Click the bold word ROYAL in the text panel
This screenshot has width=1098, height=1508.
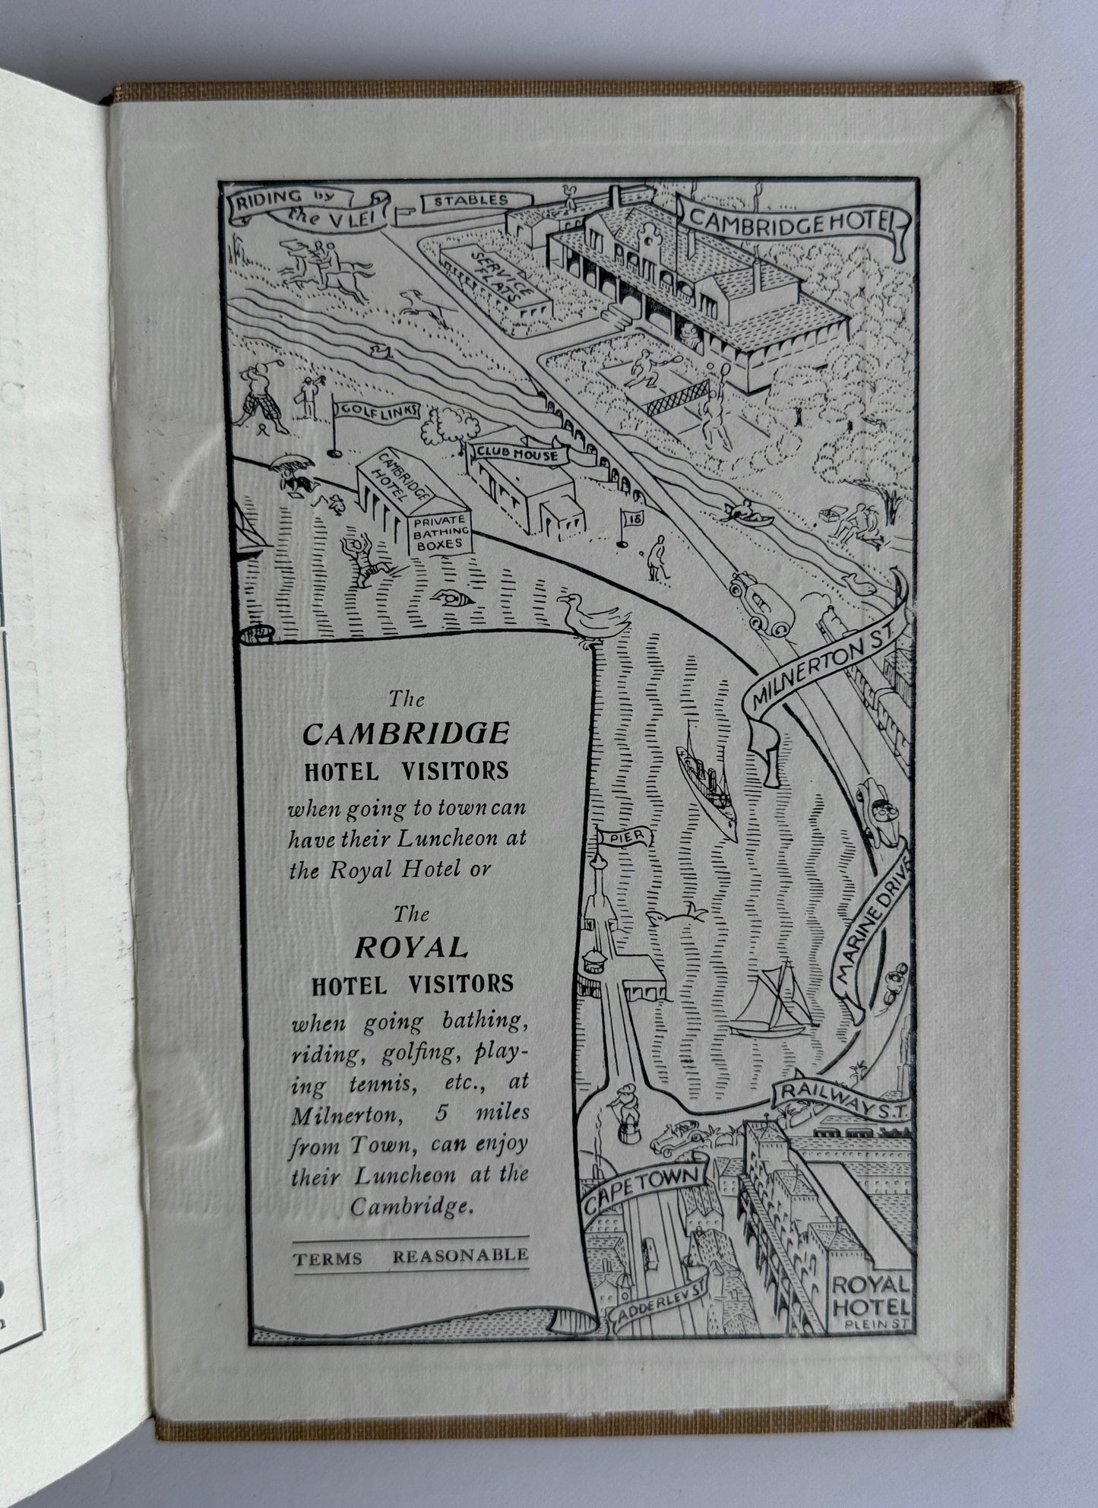point(410,947)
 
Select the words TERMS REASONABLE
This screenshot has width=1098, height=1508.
point(411,1256)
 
